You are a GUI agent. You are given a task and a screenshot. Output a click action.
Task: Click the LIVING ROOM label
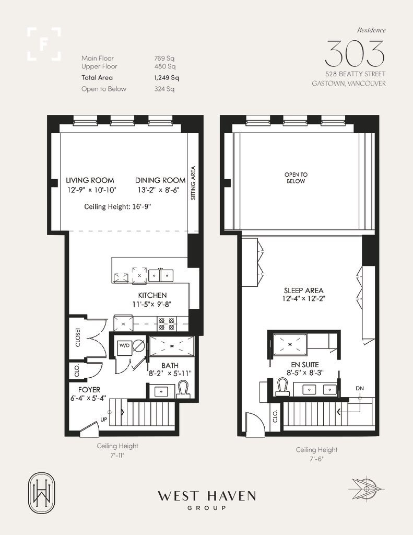(90, 180)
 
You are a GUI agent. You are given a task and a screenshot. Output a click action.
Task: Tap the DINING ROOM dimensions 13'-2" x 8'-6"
(159, 190)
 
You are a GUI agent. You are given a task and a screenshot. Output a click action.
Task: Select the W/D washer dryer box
(123, 346)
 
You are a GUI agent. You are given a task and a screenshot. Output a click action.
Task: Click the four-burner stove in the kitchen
(167, 323)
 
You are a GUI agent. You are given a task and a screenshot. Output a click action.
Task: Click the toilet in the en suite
(282, 387)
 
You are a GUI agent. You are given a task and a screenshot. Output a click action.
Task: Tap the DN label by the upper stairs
(360, 388)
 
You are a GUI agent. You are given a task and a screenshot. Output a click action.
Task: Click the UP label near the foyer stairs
(104, 420)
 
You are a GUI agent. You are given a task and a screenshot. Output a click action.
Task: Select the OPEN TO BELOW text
(296, 178)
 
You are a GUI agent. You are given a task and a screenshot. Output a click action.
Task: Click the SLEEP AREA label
(303, 290)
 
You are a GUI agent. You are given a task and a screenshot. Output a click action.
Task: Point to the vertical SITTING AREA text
(193, 183)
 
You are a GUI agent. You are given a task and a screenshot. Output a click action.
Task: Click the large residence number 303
(355, 53)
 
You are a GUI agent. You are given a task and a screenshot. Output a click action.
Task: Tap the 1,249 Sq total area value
(167, 78)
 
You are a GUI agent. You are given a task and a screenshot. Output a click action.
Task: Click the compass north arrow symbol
(367, 489)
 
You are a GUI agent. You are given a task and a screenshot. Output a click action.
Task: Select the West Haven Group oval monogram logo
(42, 493)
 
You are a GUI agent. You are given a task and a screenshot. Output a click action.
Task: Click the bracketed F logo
(44, 44)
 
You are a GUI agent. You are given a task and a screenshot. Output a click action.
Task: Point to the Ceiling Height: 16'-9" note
(117, 206)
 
